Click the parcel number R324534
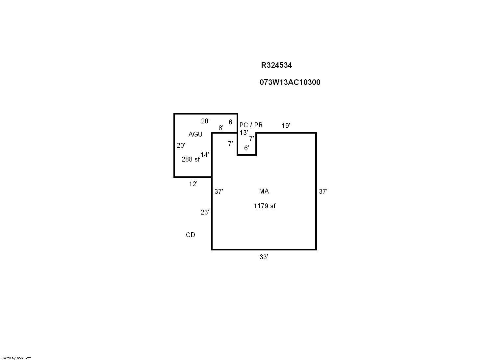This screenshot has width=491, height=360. pos(276,65)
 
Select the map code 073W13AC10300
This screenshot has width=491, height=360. pos(290,82)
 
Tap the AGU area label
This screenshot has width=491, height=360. pos(195,134)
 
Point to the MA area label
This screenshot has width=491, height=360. pos(264,191)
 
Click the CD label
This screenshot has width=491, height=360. pos(190,235)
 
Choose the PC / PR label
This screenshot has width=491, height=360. pos(251,125)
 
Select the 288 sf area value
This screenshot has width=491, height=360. pos(191,159)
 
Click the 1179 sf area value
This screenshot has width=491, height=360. pos(265,206)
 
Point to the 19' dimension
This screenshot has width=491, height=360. pos(286,126)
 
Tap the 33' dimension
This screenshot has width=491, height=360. pos(264,257)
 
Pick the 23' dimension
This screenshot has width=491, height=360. pos(205,212)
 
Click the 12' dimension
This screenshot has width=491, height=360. pos(193,184)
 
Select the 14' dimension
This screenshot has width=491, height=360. pos(204,155)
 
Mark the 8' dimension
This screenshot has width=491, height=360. pos(221,128)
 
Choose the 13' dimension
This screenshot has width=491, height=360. pos(244,132)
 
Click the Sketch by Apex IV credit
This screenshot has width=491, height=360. pos(16,358)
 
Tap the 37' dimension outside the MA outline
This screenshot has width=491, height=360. pos(323,192)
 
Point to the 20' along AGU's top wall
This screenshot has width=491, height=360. pos(205,121)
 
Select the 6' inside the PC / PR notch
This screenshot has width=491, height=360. pos(246,148)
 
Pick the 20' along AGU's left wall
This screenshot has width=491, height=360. pos(181,145)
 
